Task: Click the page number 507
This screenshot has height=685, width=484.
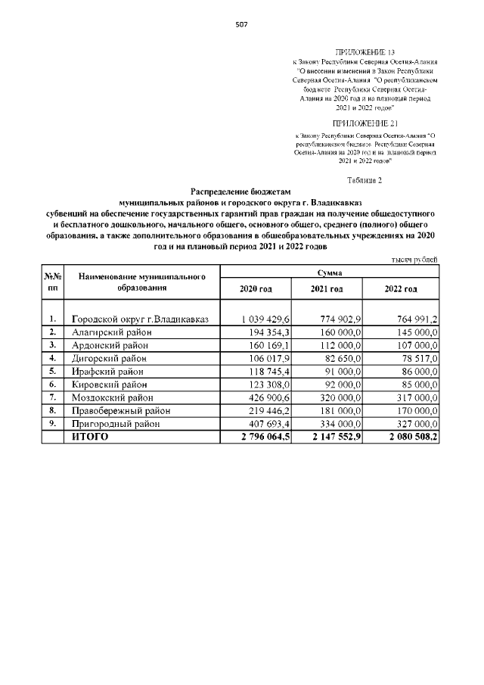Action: [241, 24]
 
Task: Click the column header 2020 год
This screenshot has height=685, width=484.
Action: [255, 289]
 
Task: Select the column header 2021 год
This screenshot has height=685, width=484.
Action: [327, 289]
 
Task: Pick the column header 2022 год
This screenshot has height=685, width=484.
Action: [401, 289]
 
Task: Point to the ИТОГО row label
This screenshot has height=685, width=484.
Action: [90, 437]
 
